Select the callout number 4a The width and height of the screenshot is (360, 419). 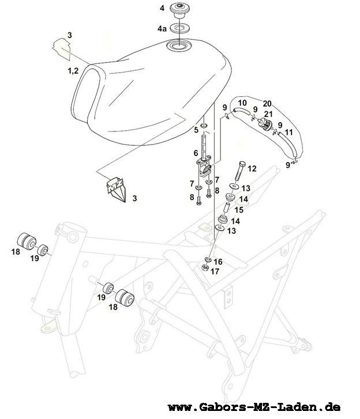coord(162,28)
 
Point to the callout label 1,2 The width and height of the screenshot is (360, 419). coord(73,71)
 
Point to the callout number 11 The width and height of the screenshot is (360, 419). coord(289,132)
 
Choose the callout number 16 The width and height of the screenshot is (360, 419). coord(218,261)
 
